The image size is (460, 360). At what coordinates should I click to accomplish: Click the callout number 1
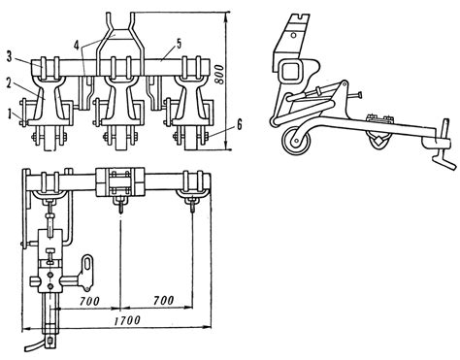[x=12, y=115]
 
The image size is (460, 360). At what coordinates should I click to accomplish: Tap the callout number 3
[x=9, y=57]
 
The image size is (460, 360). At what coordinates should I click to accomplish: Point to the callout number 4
[x=77, y=45]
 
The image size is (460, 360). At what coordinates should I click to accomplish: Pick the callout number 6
[x=239, y=124]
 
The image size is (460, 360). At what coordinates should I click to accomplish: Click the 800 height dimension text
[x=219, y=75]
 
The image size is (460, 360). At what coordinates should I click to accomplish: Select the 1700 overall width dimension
[x=127, y=320]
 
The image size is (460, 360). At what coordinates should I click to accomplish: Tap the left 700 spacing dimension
[x=89, y=301]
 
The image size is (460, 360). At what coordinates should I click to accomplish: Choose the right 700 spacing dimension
[x=164, y=301]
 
